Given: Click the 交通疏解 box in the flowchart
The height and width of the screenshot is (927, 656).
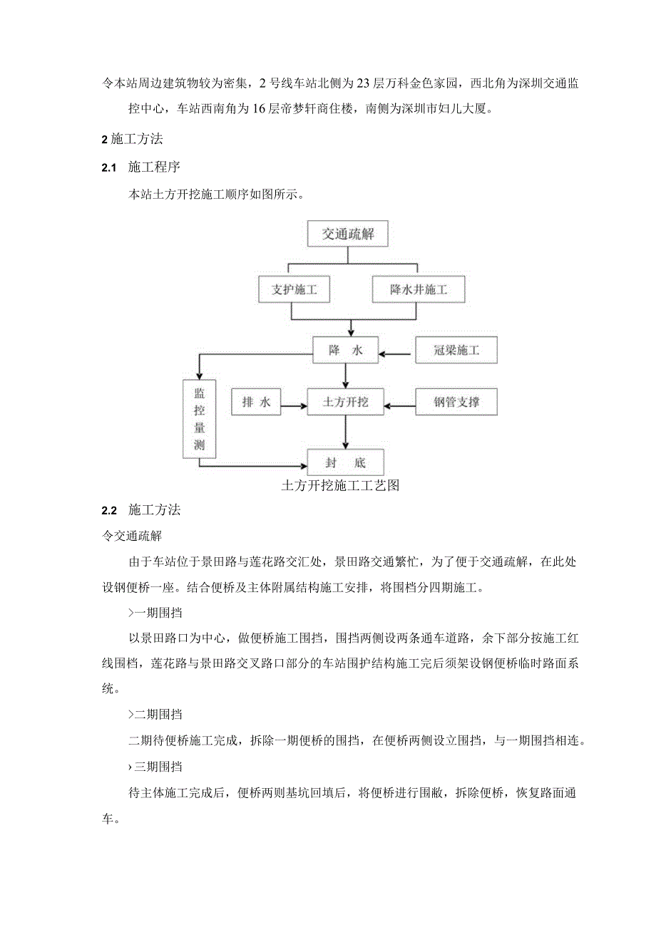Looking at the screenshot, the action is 347,233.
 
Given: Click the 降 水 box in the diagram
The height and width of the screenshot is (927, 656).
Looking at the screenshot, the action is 346,350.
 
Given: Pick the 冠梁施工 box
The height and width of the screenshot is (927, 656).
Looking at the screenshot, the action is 456,350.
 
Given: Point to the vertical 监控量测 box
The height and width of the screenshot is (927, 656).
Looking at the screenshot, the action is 199,420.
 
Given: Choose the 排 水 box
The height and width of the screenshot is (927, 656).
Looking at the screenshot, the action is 256,403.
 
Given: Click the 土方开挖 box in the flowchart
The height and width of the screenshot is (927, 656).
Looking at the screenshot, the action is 346,403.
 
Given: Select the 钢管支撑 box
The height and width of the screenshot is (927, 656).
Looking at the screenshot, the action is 456,403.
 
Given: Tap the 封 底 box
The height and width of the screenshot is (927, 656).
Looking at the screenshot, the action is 346,462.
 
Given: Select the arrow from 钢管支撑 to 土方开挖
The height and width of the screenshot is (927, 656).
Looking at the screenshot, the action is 399,408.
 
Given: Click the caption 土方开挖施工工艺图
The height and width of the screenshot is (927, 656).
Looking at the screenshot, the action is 339,486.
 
